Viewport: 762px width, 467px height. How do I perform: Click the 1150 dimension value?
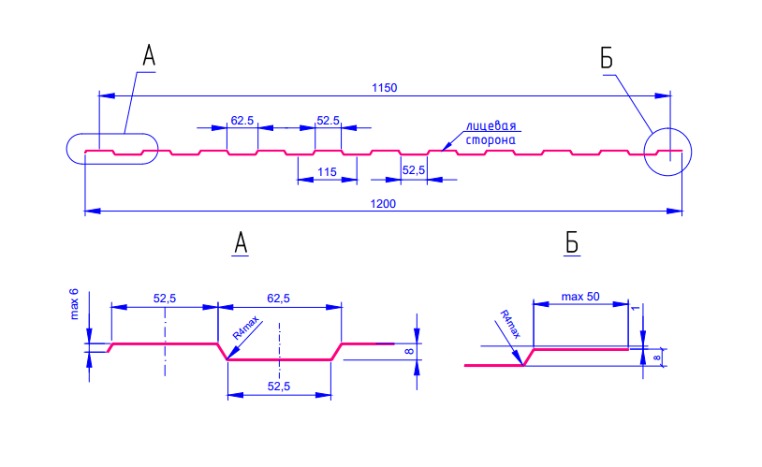point(385,88)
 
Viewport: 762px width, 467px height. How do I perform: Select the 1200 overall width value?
point(383,204)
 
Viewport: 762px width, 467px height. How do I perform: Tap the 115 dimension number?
point(327,172)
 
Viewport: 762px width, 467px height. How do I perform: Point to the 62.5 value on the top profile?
point(242,121)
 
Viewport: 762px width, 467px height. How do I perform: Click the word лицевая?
point(491,126)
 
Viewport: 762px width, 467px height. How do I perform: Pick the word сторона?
point(491,140)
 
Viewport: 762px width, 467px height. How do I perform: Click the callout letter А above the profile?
point(149,55)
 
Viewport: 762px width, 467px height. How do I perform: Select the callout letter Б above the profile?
point(607,58)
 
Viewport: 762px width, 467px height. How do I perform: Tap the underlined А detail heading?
point(241,243)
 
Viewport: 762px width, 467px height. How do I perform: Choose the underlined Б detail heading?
point(572,243)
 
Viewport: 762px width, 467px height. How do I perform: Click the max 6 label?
point(74,304)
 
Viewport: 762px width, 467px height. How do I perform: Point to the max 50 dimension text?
point(580,297)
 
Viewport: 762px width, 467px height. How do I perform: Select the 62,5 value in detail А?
point(278,299)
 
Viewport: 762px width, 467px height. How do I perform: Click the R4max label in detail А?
point(246,328)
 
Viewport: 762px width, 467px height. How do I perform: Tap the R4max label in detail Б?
point(510,324)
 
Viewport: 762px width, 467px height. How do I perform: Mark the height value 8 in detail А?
point(409,351)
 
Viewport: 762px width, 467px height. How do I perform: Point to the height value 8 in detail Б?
point(657,358)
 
